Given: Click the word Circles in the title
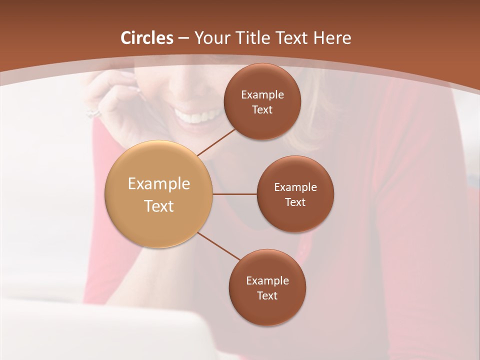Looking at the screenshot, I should click(x=146, y=38).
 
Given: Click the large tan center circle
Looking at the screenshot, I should click(x=159, y=165).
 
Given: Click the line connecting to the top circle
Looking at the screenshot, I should click(x=217, y=142).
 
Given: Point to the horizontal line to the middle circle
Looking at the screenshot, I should click(x=235, y=194).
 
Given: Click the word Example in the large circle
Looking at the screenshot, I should click(x=159, y=184).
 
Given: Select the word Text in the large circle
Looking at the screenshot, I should click(x=159, y=206).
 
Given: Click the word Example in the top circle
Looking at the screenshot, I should click(x=262, y=95).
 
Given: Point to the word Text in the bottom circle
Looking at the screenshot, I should click(x=267, y=295).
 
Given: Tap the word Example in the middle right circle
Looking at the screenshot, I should click(x=295, y=187).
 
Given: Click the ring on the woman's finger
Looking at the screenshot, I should click(x=93, y=113).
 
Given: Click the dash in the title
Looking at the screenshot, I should click(x=183, y=38).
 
